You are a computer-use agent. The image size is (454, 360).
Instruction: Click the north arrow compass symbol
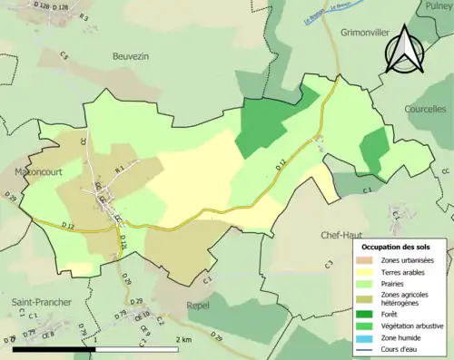[x=406, y=50]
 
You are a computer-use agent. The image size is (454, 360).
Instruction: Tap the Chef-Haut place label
[x=341, y=235]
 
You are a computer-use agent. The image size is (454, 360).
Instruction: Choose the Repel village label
[x=197, y=306]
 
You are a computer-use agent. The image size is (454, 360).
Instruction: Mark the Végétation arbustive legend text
[x=413, y=326]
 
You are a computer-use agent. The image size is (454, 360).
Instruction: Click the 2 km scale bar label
[x=184, y=339]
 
